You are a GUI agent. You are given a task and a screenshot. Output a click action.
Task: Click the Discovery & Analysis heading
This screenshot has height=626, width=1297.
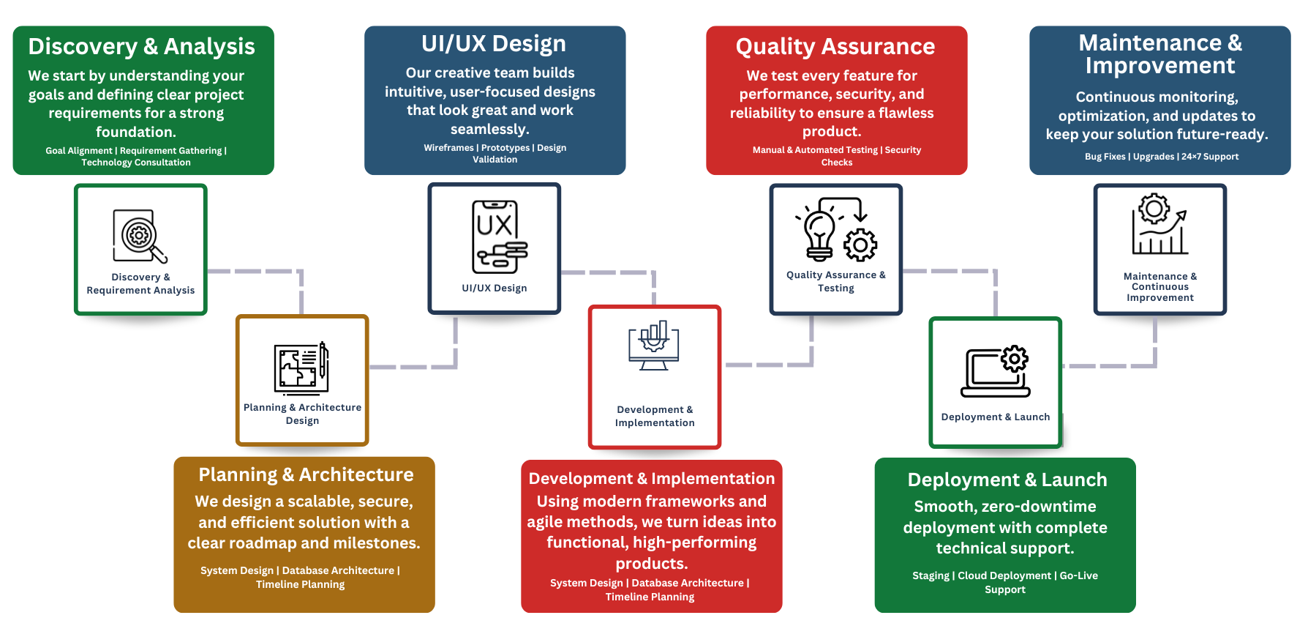click(x=141, y=47)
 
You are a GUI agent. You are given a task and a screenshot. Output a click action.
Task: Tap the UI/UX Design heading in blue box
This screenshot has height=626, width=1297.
click(x=494, y=44)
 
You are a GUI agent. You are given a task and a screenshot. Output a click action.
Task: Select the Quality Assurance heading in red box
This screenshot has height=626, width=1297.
click(x=835, y=47)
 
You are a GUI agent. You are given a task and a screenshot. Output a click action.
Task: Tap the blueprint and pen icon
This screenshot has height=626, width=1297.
click(x=301, y=368)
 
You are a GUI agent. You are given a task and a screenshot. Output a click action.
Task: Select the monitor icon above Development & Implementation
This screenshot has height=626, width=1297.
click(x=654, y=345)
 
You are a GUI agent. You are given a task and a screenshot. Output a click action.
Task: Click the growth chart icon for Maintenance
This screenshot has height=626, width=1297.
click(x=1159, y=225)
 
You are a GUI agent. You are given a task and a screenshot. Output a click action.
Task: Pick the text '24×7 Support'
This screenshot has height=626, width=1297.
click(x=1210, y=157)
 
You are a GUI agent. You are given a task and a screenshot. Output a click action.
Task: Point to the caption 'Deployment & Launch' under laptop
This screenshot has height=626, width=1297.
click(x=995, y=417)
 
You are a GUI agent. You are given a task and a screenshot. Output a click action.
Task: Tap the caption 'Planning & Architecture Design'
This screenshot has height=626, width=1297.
click(x=302, y=414)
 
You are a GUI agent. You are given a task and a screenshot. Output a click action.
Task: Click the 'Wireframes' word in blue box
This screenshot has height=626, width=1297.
click(x=448, y=148)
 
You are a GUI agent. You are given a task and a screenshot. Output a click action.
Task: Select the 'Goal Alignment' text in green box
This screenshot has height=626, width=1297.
click(x=79, y=151)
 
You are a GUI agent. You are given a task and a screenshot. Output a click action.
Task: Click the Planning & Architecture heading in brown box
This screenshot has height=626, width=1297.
click(x=306, y=475)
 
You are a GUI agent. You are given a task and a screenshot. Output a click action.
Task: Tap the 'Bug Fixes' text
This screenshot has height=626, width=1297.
click(x=1105, y=157)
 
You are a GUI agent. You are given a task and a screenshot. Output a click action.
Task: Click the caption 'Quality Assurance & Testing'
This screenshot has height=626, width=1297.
click(x=835, y=282)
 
